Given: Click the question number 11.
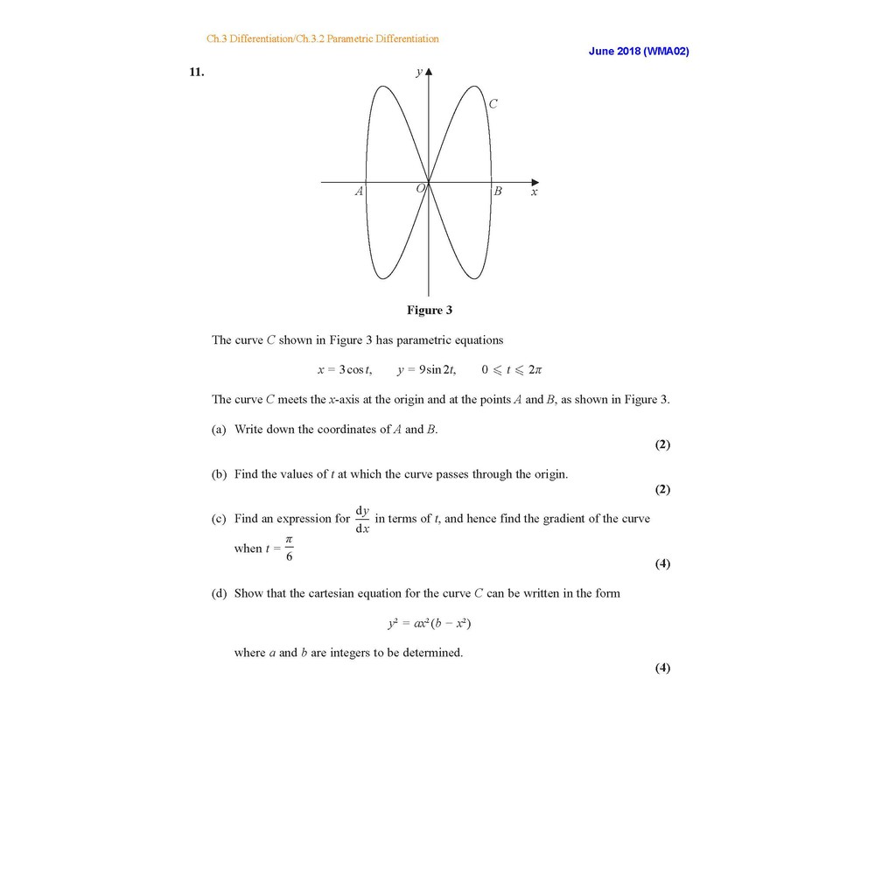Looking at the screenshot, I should click(x=197, y=73).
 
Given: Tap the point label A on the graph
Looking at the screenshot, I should click(x=358, y=192).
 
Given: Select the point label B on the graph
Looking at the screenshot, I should click(x=498, y=192).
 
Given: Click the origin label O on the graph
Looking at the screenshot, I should click(x=420, y=188).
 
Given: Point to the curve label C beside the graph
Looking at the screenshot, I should click(x=493, y=104).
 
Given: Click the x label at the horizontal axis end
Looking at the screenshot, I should click(x=534, y=192).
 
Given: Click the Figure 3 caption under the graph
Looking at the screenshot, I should click(x=429, y=310).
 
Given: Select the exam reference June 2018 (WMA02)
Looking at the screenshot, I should click(x=639, y=52).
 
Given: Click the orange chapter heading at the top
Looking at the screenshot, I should click(x=322, y=38).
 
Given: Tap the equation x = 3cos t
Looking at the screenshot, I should click(x=344, y=370).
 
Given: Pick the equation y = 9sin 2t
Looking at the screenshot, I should click(x=426, y=370).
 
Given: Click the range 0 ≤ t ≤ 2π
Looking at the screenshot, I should click(x=512, y=370).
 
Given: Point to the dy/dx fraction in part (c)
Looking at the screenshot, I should click(x=362, y=519).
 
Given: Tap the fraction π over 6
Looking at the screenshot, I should click(x=289, y=549).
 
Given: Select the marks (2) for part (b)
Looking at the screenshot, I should click(x=662, y=489).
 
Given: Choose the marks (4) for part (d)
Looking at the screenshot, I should click(x=662, y=668).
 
